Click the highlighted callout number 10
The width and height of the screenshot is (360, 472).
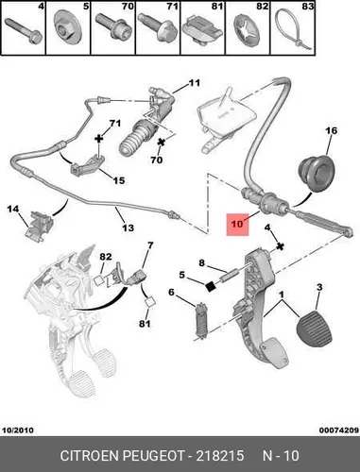(x=237, y=224)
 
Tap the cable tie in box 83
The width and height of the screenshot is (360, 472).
(x=293, y=31)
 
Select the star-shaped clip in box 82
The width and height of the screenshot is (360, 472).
(x=248, y=30)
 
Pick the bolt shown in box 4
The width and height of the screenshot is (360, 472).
(x=24, y=31)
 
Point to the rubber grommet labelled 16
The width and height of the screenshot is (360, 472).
(x=317, y=174)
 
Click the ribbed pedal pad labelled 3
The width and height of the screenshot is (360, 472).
(x=315, y=329)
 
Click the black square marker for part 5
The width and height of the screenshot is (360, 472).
(x=211, y=286)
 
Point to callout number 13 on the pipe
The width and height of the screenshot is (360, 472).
(x=128, y=228)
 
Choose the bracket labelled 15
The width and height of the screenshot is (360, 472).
(x=88, y=165)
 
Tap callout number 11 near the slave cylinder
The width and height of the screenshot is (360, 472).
(x=195, y=83)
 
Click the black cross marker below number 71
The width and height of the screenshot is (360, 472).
(x=99, y=139)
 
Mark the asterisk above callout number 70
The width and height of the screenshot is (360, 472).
(x=162, y=143)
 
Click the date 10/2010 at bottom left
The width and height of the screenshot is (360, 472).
(x=18, y=430)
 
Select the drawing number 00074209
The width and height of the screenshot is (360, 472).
(x=339, y=430)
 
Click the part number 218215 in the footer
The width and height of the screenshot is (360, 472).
(x=220, y=456)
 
